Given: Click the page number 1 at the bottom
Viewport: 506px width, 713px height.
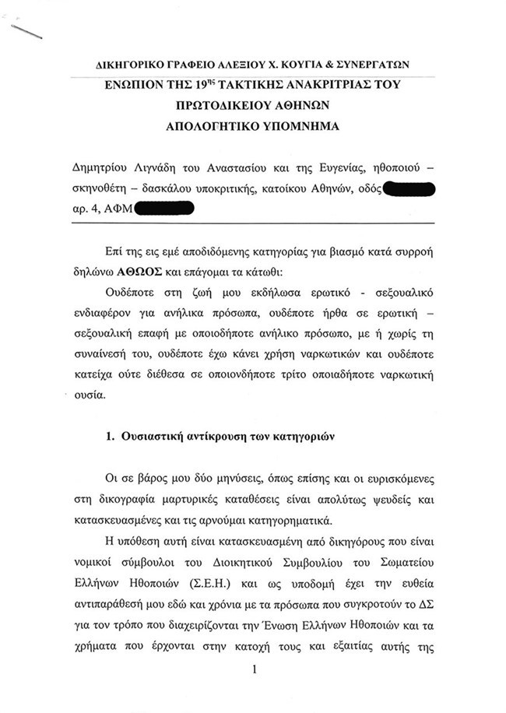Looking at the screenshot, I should coord(254,667).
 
